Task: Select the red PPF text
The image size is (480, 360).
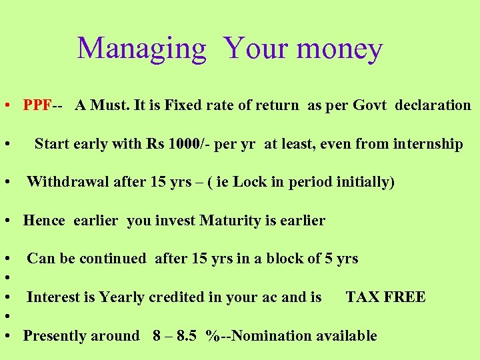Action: coord(37,105)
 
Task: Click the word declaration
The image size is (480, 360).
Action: coord(433,105)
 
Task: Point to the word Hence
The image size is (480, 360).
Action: coord(44,221)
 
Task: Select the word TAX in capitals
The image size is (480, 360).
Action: coord(362,297)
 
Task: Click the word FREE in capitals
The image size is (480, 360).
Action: coord(404,297)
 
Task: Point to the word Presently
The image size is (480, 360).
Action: coord(55,336)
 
